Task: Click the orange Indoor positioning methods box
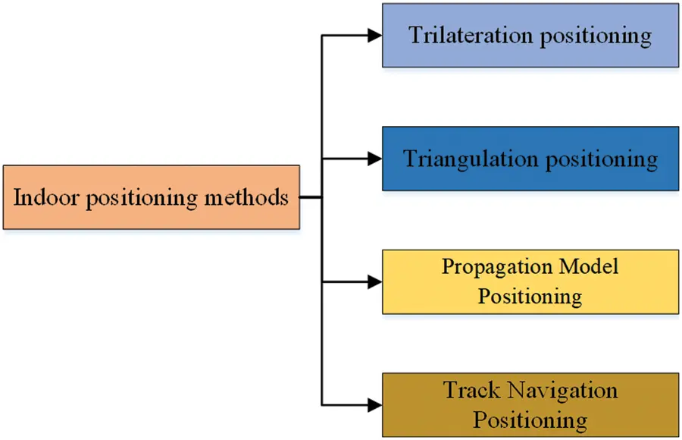point(151,197)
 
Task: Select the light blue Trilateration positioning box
point(530,36)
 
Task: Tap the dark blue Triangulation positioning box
point(530,159)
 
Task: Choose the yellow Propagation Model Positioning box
point(530,281)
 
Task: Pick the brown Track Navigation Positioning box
point(530,404)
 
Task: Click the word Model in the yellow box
point(588,267)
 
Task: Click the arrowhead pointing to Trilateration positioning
point(374,35)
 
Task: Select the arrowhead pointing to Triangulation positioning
point(374,159)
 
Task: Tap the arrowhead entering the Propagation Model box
point(374,281)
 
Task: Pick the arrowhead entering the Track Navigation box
point(374,404)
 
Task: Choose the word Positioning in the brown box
point(530,419)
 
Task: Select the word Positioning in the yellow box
point(530,296)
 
